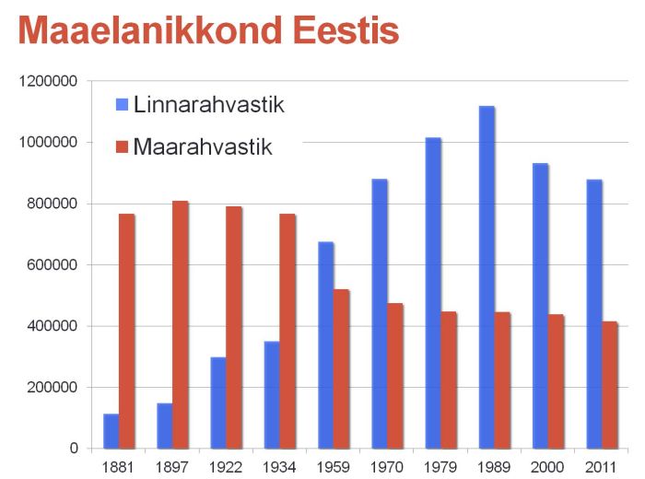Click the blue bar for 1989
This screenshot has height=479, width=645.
[x=487, y=276]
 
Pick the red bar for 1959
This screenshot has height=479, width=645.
[x=341, y=368]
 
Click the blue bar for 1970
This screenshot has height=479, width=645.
[x=380, y=313]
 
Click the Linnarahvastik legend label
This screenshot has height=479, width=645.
[x=208, y=104]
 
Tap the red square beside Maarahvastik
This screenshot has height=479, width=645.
[x=122, y=146]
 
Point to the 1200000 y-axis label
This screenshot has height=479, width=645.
[x=47, y=81]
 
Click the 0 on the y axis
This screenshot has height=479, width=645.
[x=73, y=449]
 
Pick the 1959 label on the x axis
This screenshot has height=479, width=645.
[x=333, y=466]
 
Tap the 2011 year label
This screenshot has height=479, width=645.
[x=601, y=466]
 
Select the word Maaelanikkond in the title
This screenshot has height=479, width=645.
[x=148, y=30]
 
